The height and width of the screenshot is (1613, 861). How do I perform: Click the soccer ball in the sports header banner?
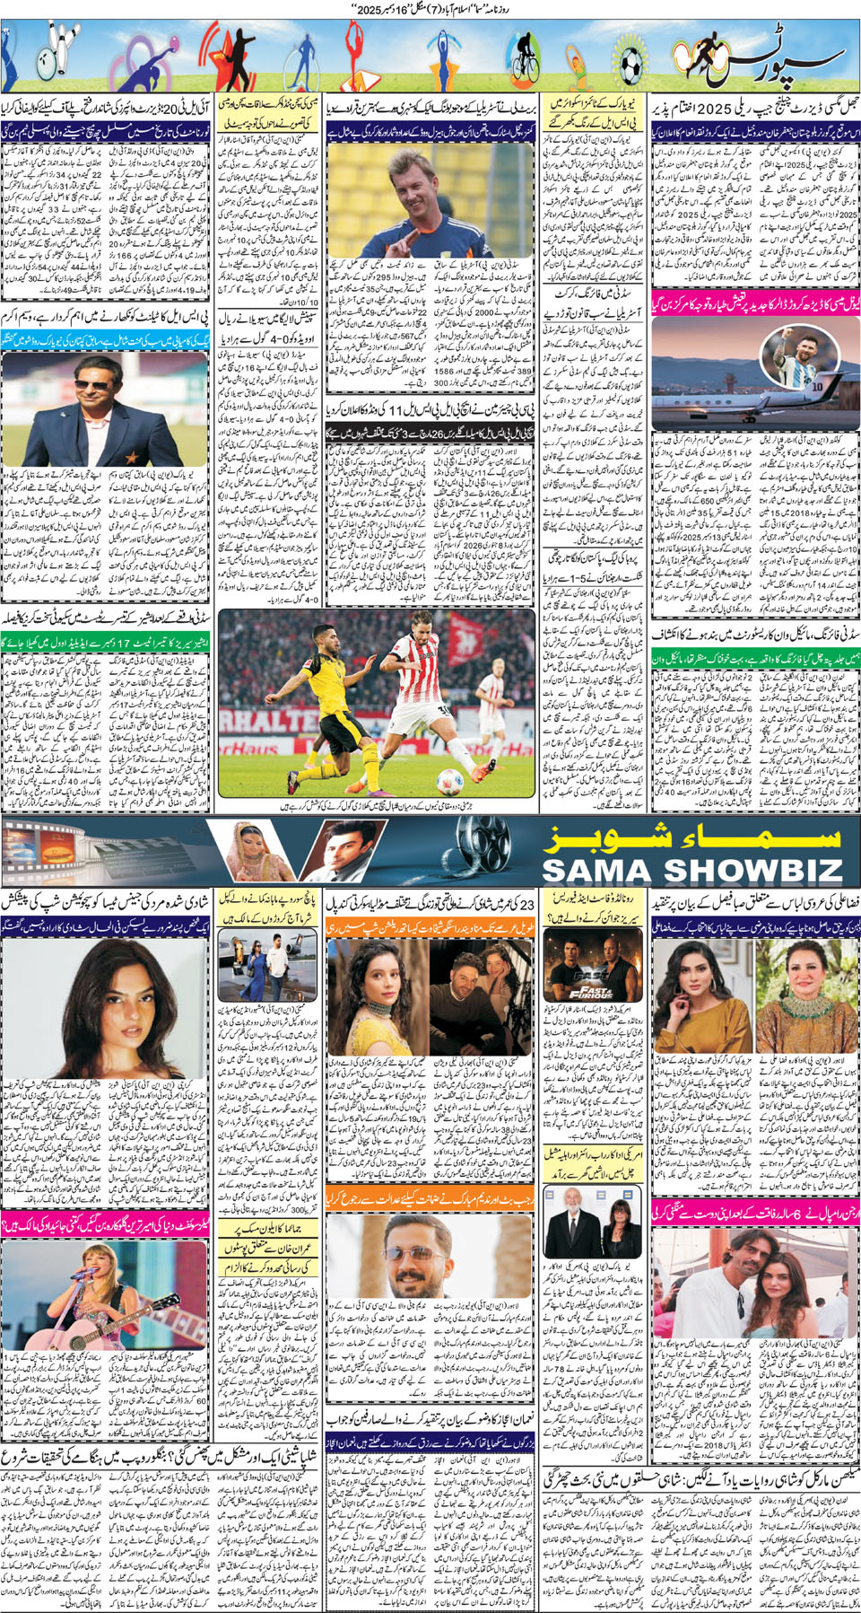[630, 62]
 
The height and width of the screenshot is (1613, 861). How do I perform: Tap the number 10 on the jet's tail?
[819, 386]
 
